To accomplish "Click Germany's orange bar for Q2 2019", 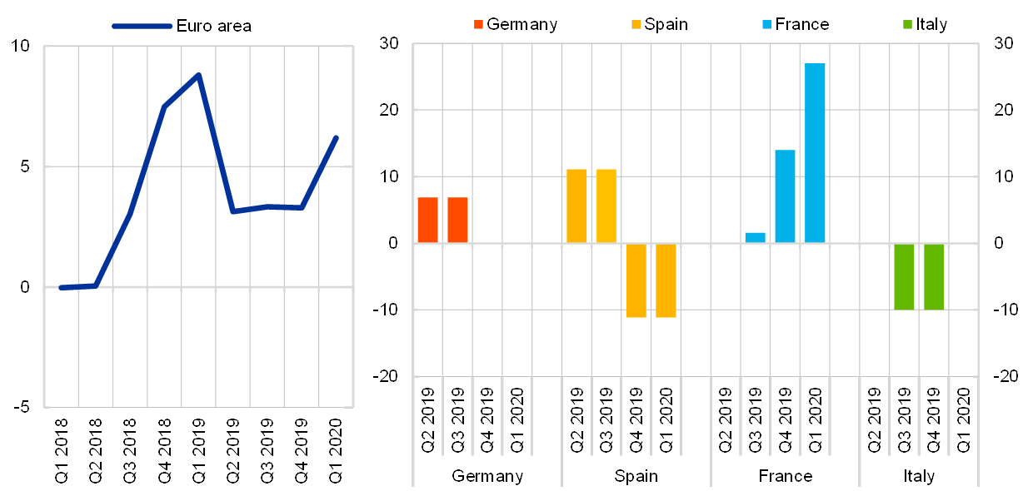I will tap(427, 220).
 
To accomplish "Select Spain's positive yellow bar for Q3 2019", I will tap(606, 206).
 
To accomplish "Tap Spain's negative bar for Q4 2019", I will tap(636, 280).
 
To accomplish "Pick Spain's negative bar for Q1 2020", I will tap(666, 280).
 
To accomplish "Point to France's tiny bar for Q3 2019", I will tap(755, 238).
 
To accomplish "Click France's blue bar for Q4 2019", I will tap(785, 196).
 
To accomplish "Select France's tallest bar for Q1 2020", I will tap(815, 153).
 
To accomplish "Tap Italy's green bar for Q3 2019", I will tap(904, 276).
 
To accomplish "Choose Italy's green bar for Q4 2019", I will tap(934, 276).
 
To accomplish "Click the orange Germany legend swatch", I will tap(478, 24).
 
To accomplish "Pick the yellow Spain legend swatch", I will tap(636, 24).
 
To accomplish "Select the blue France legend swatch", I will tap(767, 24).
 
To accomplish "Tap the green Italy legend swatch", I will tap(907, 24).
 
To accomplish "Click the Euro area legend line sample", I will tap(142, 27).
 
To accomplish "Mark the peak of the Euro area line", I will tap(198, 75).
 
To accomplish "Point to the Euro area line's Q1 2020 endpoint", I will tap(336, 137).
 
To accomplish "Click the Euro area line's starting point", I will tap(61, 288).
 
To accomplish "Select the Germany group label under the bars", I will tap(487, 477).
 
